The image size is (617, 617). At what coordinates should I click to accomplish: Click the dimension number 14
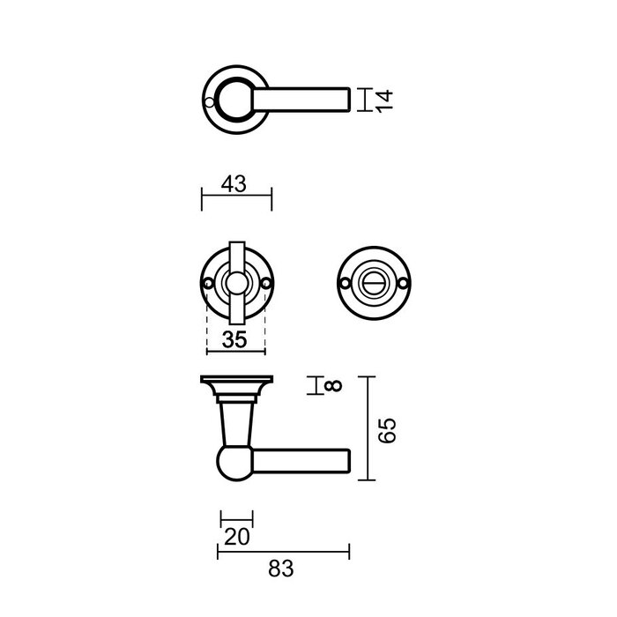coord(383,100)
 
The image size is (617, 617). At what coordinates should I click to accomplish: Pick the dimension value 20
coord(236,536)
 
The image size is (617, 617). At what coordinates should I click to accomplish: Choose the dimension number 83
coord(280,569)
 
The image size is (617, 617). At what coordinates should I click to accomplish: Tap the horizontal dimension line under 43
coord(237,198)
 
